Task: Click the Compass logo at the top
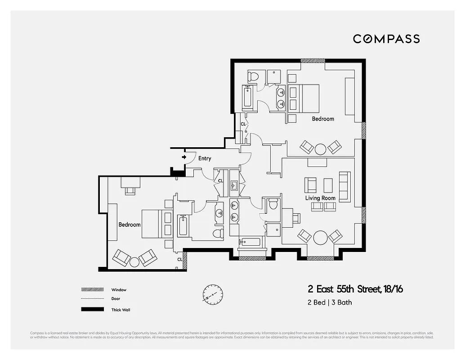pos(386,39)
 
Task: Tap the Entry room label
pos(205,158)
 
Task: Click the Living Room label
pos(321,198)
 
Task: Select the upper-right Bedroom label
pos(323,119)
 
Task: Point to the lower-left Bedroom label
pos(130,225)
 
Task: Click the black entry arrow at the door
pos(184,157)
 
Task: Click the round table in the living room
pos(321,237)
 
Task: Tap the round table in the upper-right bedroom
pos(321,149)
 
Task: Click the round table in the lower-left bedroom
pos(134,261)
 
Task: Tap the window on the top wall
pos(310,61)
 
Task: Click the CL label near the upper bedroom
pos(243,124)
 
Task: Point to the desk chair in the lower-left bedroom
pos(130,191)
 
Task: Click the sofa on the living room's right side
pos(344,186)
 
